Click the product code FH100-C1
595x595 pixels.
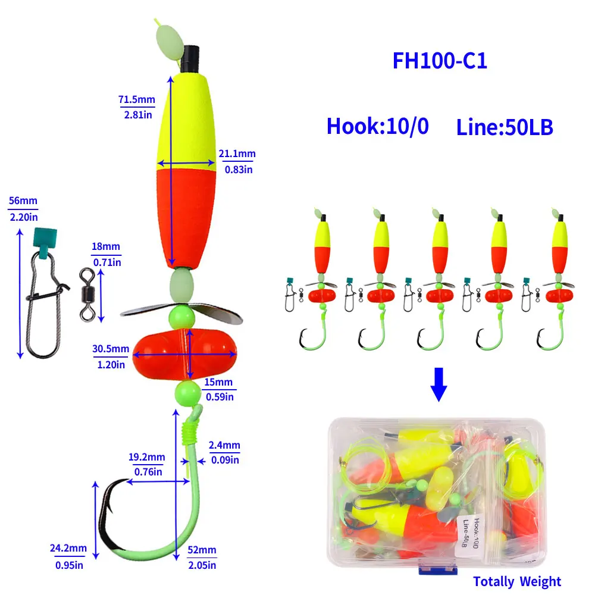click(x=440, y=61)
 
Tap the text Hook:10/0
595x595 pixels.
click(x=377, y=126)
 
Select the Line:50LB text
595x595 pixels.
click(x=505, y=127)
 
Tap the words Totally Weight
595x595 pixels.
click(x=517, y=581)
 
